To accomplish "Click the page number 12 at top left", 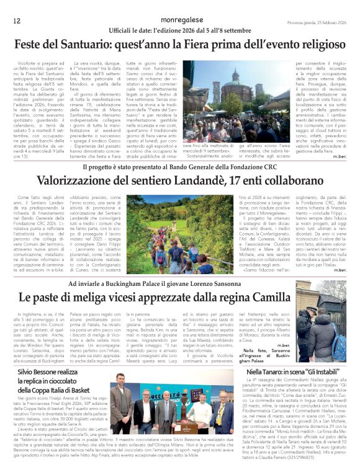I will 17,20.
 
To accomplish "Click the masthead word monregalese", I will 180,20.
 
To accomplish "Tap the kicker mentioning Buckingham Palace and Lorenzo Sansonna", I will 180,283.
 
